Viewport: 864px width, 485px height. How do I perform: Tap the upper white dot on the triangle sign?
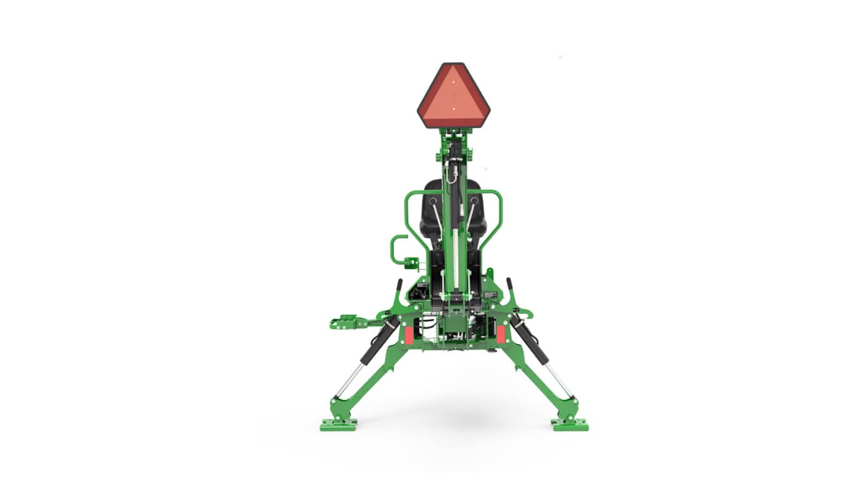tap(453, 82)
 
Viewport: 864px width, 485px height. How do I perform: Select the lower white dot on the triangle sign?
tap(453, 109)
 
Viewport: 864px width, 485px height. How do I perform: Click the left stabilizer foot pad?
tap(338, 424)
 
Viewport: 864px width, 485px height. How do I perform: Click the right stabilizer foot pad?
tap(569, 424)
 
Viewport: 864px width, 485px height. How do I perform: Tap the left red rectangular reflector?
tap(409, 335)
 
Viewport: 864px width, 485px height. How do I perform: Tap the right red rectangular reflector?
tap(500, 334)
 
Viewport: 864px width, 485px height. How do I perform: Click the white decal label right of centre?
tap(490, 293)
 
